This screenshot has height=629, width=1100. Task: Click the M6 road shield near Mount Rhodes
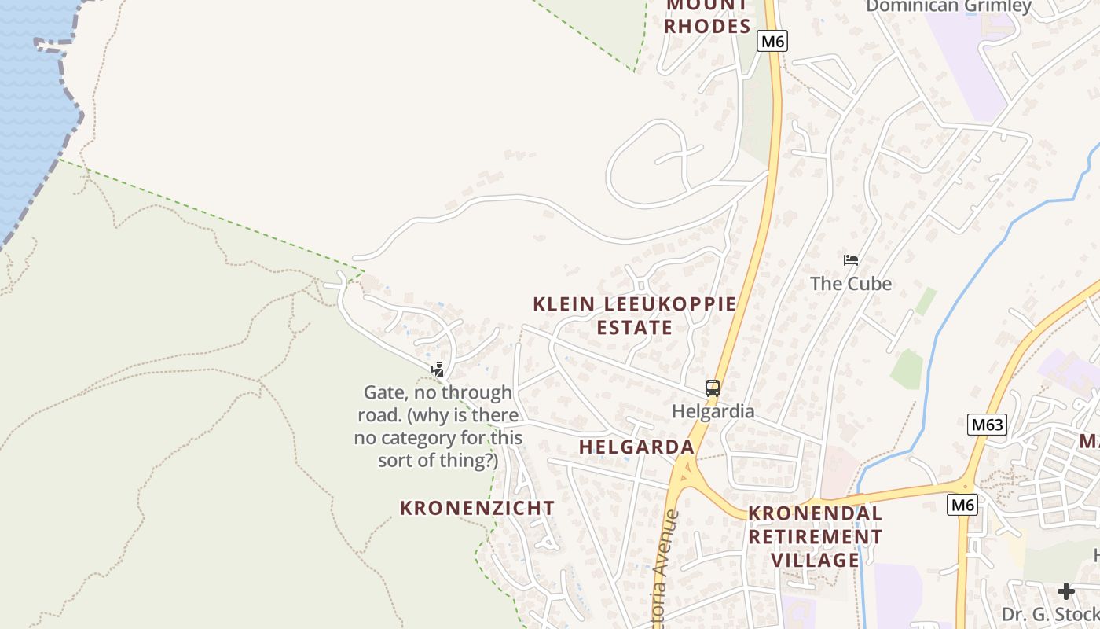click(x=772, y=42)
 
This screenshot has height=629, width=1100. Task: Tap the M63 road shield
click(x=987, y=425)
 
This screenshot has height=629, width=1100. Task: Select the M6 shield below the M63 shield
click(x=962, y=505)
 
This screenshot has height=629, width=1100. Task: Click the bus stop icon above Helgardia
click(x=713, y=388)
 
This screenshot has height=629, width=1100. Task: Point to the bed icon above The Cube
click(x=851, y=260)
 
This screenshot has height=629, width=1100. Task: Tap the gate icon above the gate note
click(x=438, y=370)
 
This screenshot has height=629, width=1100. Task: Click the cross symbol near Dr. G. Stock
click(x=1065, y=591)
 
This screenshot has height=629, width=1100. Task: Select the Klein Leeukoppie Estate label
click(x=635, y=315)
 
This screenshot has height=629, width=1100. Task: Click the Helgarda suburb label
click(x=636, y=447)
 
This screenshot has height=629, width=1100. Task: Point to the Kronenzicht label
click(x=477, y=508)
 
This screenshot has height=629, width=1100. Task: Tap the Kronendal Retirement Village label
click(x=815, y=536)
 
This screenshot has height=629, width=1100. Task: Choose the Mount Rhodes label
click(x=707, y=16)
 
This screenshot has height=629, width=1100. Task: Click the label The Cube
click(x=851, y=284)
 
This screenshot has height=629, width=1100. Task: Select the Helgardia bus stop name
click(x=713, y=411)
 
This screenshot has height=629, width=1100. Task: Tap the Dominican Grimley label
click(x=948, y=6)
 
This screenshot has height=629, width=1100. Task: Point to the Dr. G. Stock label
click(x=1050, y=614)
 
